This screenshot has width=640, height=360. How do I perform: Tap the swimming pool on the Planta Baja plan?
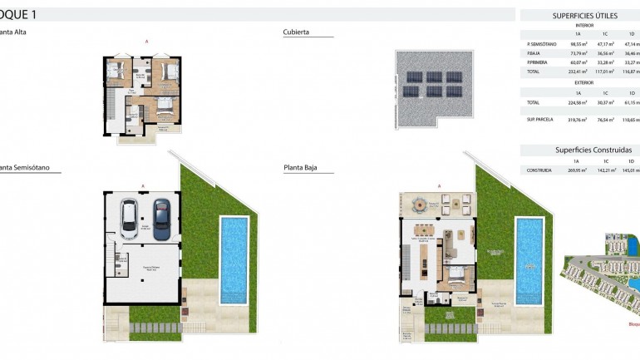click(529, 249)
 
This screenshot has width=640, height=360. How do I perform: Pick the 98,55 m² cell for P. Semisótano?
click(578, 44)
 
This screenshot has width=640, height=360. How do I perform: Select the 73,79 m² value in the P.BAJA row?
click(578, 53)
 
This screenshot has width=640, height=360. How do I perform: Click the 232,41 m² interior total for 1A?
click(578, 72)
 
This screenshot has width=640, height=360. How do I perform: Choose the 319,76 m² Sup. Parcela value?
click(578, 120)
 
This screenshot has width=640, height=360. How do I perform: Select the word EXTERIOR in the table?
click(584, 83)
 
